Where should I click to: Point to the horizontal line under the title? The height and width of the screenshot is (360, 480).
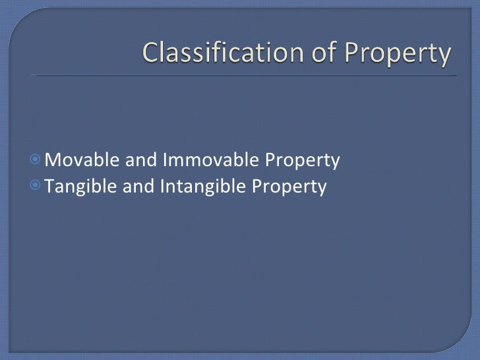(244, 76)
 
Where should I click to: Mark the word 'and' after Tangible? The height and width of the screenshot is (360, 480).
(136, 188)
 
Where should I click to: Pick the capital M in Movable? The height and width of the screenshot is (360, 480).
(54, 160)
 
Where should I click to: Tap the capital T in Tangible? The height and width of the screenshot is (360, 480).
(51, 188)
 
